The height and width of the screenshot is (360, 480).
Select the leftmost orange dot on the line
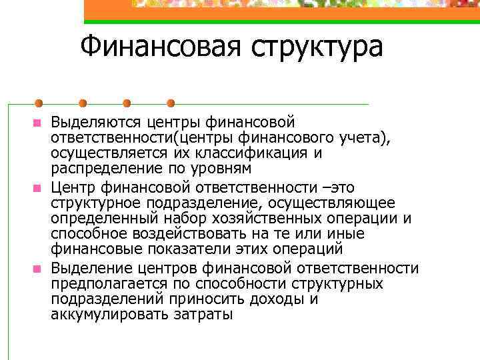39,103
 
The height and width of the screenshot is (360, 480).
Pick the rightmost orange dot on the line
170,103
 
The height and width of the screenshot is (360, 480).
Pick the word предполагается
99,283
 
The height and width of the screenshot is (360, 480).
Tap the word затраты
203,314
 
